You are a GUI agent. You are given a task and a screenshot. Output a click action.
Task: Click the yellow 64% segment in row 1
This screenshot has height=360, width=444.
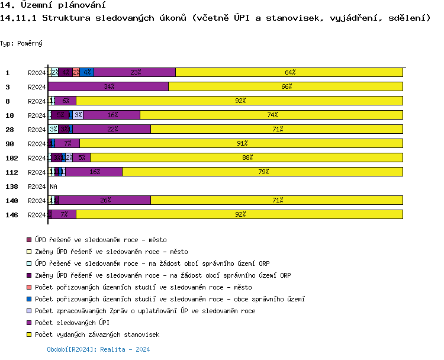pyautogui.click(x=289, y=72)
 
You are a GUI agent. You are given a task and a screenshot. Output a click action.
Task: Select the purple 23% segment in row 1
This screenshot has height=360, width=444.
pyautogui.click(x=135, y=72)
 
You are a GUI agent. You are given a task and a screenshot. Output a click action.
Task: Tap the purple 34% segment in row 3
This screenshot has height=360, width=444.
pyautogui.click(x=108, y=86)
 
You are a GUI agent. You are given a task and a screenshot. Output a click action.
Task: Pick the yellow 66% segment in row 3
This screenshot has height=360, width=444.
pyautogui.click(x=286, y=86)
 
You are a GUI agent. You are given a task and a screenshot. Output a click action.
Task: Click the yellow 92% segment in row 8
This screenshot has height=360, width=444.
pyautogui.click(x=240, y=101)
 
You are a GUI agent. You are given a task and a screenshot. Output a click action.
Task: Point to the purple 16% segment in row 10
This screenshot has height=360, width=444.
pyautogui.click(x=112, y=115)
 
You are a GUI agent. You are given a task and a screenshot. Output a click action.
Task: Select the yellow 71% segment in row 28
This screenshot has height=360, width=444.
pyautogui.click(x=277, y=129)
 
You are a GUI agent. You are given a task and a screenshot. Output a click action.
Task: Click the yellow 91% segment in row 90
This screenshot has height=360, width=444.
pyautogui.click(x=242, y=143)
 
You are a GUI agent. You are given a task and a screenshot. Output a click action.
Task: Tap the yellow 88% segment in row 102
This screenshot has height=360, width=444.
pyautogui.click(x=247, y=157)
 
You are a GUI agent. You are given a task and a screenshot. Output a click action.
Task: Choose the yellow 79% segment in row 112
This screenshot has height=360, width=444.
pyautogui.click(x=263, y=172)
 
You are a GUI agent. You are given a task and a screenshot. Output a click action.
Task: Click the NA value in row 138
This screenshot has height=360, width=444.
pyautogui.click(x=53, y=187)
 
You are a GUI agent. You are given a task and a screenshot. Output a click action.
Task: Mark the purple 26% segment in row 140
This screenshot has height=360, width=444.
pyautogui.click(x=105, y=200)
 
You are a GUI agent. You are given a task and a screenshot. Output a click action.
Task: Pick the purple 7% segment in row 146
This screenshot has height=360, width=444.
pyautogui.click(x=64, y=214)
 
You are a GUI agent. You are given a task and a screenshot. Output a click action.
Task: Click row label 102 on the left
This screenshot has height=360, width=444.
pyautogui.click(x=12, y=157)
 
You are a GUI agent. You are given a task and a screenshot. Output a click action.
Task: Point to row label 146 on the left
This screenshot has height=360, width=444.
pyautogui.click(x=12, y=214)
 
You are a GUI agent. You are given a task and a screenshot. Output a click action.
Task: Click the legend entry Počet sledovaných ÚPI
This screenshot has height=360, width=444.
pyautogui.click(x=72, y=323)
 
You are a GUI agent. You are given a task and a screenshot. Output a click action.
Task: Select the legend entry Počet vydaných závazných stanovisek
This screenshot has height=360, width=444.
pyautogui.click(x=96, y=335)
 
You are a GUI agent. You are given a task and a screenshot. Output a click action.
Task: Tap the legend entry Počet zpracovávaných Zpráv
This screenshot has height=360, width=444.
pyautogui.click(x=145, y=311)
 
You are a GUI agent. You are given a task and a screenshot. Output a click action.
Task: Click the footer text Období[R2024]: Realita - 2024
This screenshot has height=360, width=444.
pyautogui.click(x=98, y=349)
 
